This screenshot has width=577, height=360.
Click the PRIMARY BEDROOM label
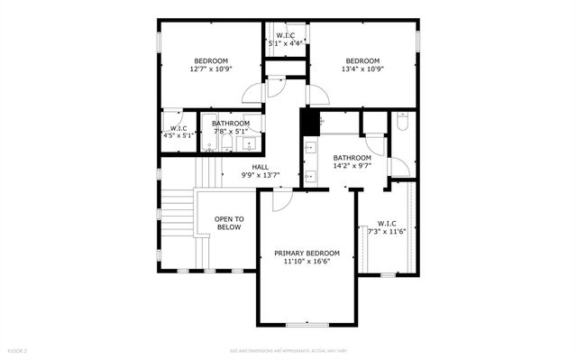(x=307, y=254)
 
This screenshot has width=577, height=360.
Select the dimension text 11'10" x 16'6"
(x=307, y=262)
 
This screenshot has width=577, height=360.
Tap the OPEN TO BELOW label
(x=229, y=223)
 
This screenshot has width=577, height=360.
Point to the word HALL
(x=260, y=167)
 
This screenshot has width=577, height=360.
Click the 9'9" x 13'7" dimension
(x=260, y=175)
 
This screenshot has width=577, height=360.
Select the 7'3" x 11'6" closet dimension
(x=387, y=231)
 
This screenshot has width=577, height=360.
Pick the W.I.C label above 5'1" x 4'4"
(x=285, y=35)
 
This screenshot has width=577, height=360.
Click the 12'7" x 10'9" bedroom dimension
(x=211, y=69)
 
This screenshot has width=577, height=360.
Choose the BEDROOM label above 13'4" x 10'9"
(x=362, y=60)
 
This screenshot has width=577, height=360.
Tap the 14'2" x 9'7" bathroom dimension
(x=353, y=166)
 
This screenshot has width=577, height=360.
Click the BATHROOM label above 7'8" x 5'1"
(x=231, y=124)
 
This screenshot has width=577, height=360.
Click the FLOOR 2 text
(x=18, y=350)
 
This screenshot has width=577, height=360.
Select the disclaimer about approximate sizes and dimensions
(x=288, y=350)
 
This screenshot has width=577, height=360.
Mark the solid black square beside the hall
(x=309, y=119)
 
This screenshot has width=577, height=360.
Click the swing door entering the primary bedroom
(x=280, y=199)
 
